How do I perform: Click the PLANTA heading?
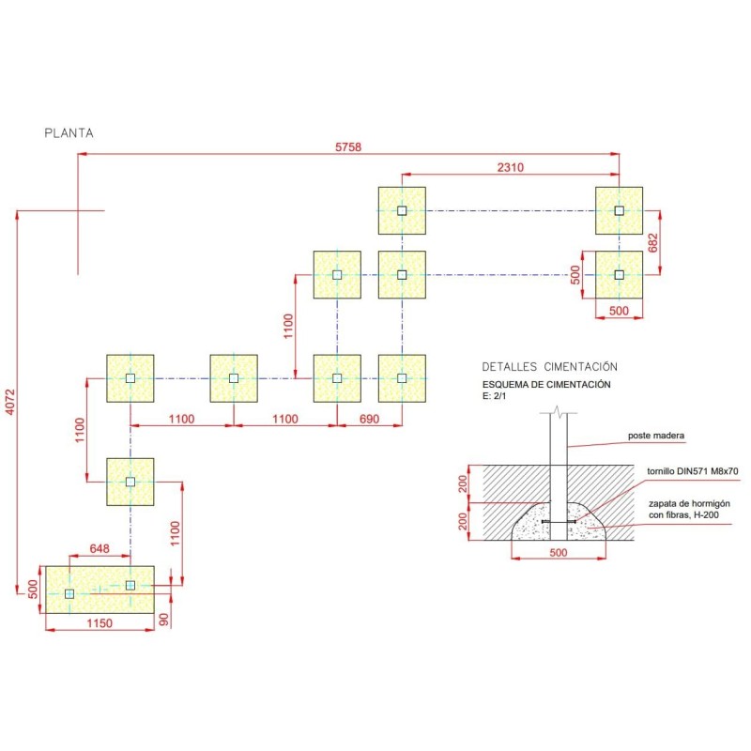pyautogui.click(x=69, y=133)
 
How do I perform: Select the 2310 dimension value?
pyautogui.click(x=511, y=167)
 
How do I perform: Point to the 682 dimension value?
pyautogui.click(x=654, y=243)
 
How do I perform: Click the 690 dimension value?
pyautogui.click(x=369, y=419)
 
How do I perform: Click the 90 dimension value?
pyautogui.click(x=165, y=619)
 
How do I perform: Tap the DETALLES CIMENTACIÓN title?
pyautogui.click(x=549, y=366)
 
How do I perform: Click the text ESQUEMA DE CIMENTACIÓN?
pyautogui.click(x=546, y=384)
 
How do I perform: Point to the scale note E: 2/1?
pyautogui.click(x=493, y=396)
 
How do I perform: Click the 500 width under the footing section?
pyautogui.click(x=558, y=554)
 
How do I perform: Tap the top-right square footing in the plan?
pyautogui.click(x=619, y=210)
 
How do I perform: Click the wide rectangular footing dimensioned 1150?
pyautogui.click(x=99, y=590)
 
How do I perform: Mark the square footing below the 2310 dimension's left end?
pyautogui.click(x=402, y=210)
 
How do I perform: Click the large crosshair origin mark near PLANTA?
pyautogui.click(x=78, y=210)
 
